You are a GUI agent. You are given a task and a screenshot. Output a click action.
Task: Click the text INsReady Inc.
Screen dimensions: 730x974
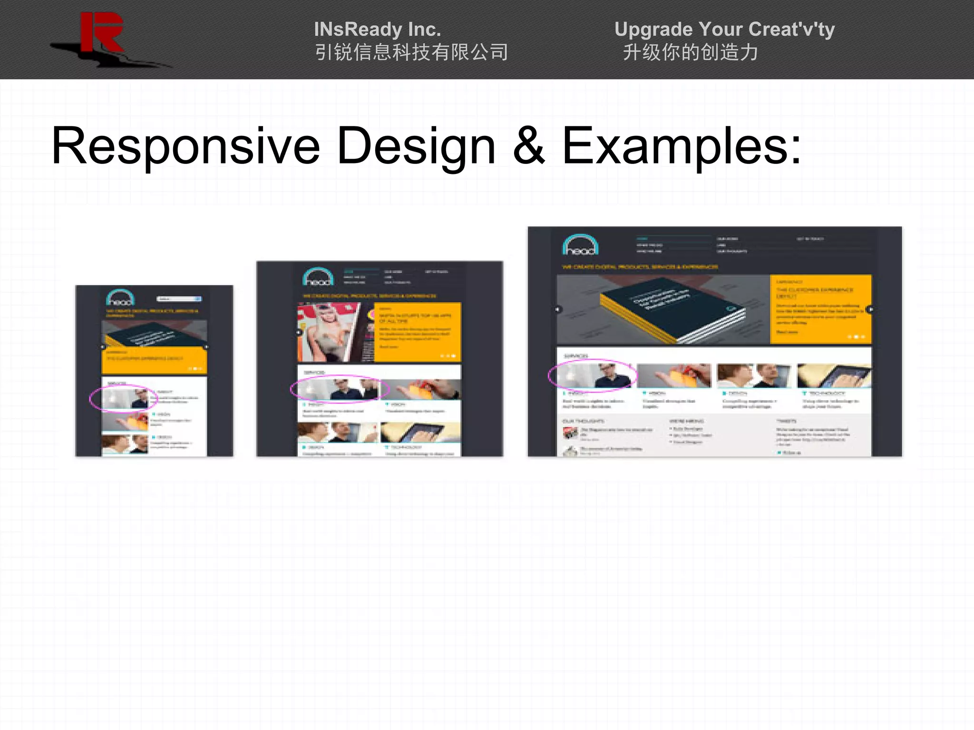tap(377, 29)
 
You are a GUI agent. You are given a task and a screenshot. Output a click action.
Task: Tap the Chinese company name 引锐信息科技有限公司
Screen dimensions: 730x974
tap(411, 52)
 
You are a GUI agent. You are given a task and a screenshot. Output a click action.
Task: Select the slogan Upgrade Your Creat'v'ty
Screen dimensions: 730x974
tap(724, 29)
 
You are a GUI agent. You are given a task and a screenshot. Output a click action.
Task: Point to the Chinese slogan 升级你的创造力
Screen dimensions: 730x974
tap(691, 52)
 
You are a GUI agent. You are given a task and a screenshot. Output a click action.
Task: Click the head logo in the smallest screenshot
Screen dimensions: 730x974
tap(120, 298)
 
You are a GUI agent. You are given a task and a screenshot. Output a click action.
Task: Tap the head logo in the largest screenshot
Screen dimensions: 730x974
tap(580, 245)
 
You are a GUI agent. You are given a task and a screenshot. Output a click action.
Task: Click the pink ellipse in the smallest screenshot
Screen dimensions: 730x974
tap(123, 398)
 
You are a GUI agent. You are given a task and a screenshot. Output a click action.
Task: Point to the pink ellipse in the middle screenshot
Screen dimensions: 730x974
tap(340, 389)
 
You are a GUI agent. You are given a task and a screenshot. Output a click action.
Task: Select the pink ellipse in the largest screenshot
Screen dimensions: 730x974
tap(592, 375)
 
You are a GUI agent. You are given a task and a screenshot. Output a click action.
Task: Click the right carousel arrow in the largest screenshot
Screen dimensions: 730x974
tap(870, 309)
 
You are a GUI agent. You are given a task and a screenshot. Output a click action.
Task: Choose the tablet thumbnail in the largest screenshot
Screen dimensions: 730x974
tap(834, 376)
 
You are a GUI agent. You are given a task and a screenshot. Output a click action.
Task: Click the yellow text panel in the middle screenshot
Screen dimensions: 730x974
tap(418, 332)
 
